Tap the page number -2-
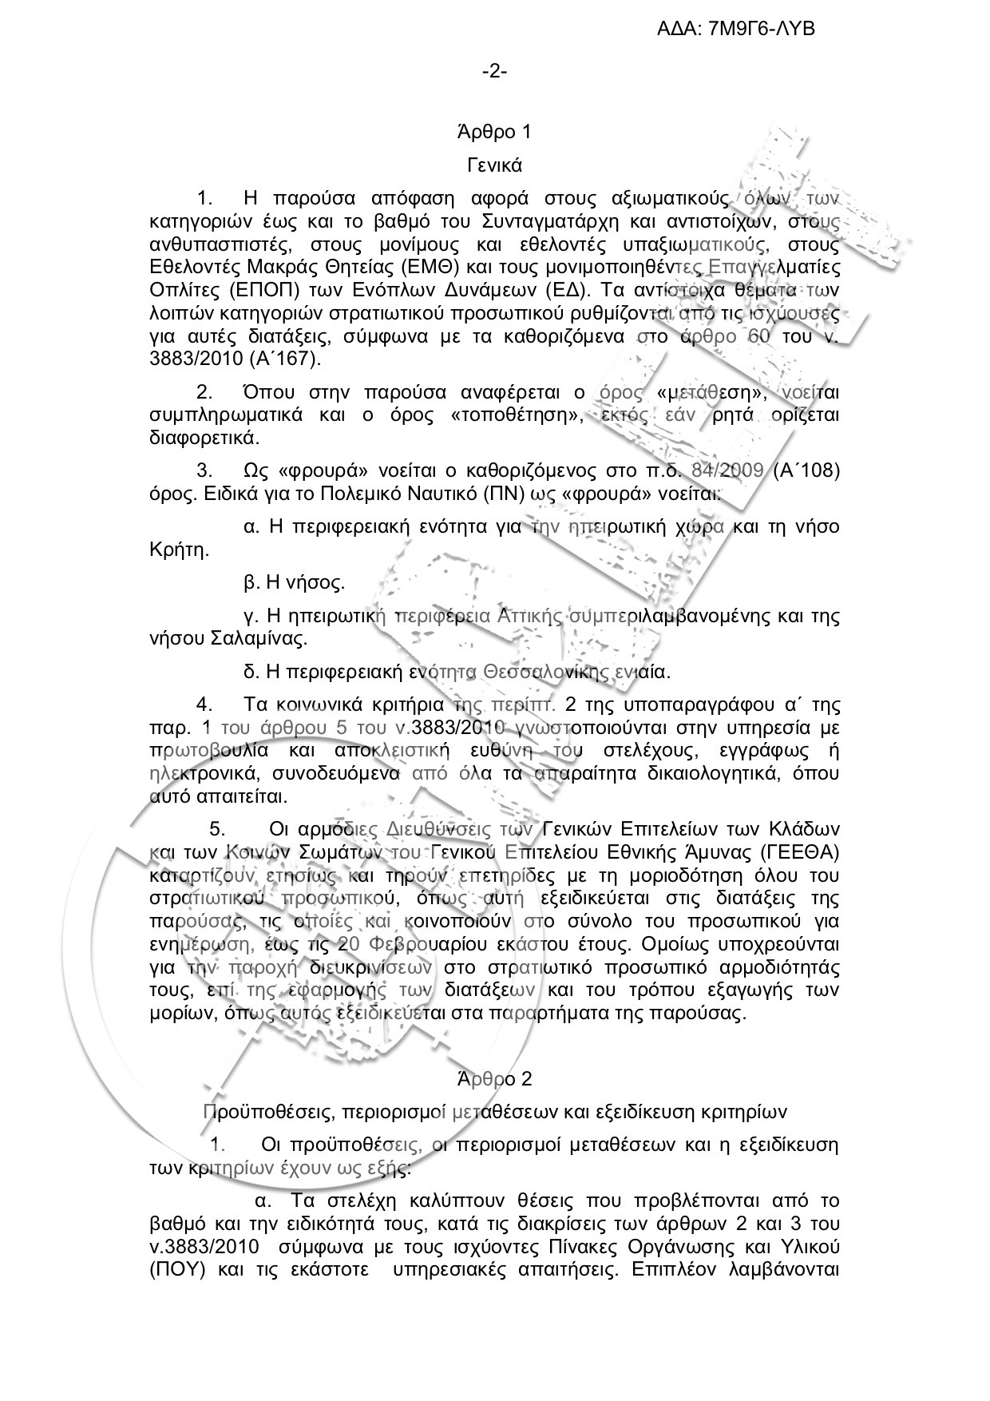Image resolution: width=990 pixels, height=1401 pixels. (x=494, y=72)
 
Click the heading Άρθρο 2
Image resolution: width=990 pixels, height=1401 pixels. (x=494, y=1078)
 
